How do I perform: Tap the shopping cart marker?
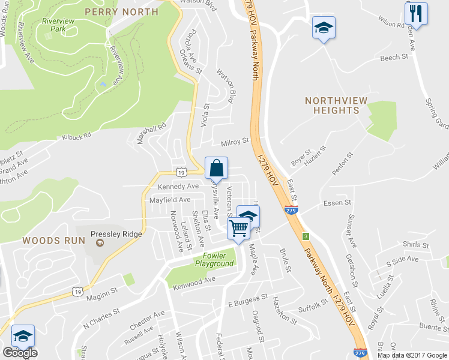pyautogui.click(x=239, y=228)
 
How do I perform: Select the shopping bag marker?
pyautogui.click(x=217, y=167)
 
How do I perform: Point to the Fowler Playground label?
pyautogui.click(x=214, y=260)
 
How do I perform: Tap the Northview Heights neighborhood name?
pyautogui.click(x=332, y=106)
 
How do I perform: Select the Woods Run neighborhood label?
pyautogui.click(x=50, y=240)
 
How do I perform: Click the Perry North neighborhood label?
pyautogui.click(x=122, y=11)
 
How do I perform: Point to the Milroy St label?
pyautogui.click(x=235, y=142)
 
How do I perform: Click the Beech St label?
pyautogui.click(x=394, y=58)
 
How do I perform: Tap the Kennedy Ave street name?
pyautogui.click(x=178, y=187)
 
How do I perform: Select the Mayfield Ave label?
pyautogui.click(x=170, y=200)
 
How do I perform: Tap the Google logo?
pyautogui.click(x=20, y=353)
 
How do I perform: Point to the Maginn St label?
pyautogui.click(x=104, y=295)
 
